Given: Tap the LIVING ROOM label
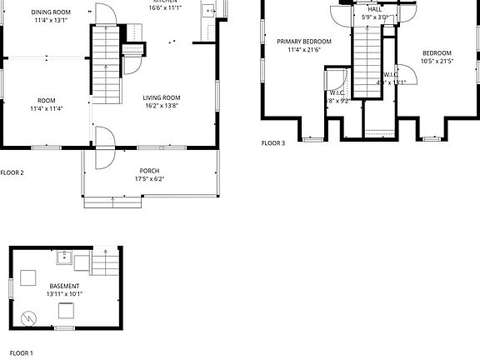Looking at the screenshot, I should tap(161, 97).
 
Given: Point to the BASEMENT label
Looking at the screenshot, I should tap(64, 286).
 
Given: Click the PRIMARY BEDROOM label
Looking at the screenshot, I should tap(304, 42).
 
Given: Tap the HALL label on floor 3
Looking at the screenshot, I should tap(375, 9).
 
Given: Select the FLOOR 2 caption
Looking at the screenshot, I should tap(12, 172).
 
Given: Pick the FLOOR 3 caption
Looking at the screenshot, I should tap(273, 143).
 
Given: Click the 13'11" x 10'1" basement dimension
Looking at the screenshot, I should tap(64, 293).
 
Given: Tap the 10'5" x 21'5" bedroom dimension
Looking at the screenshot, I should tap(437, 60).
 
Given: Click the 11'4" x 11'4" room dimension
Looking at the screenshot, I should tap(47, 108).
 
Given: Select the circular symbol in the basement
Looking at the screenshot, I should tap(29, 317).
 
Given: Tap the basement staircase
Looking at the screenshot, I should tap(105, 264).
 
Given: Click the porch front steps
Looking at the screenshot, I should tap(112, 201).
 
